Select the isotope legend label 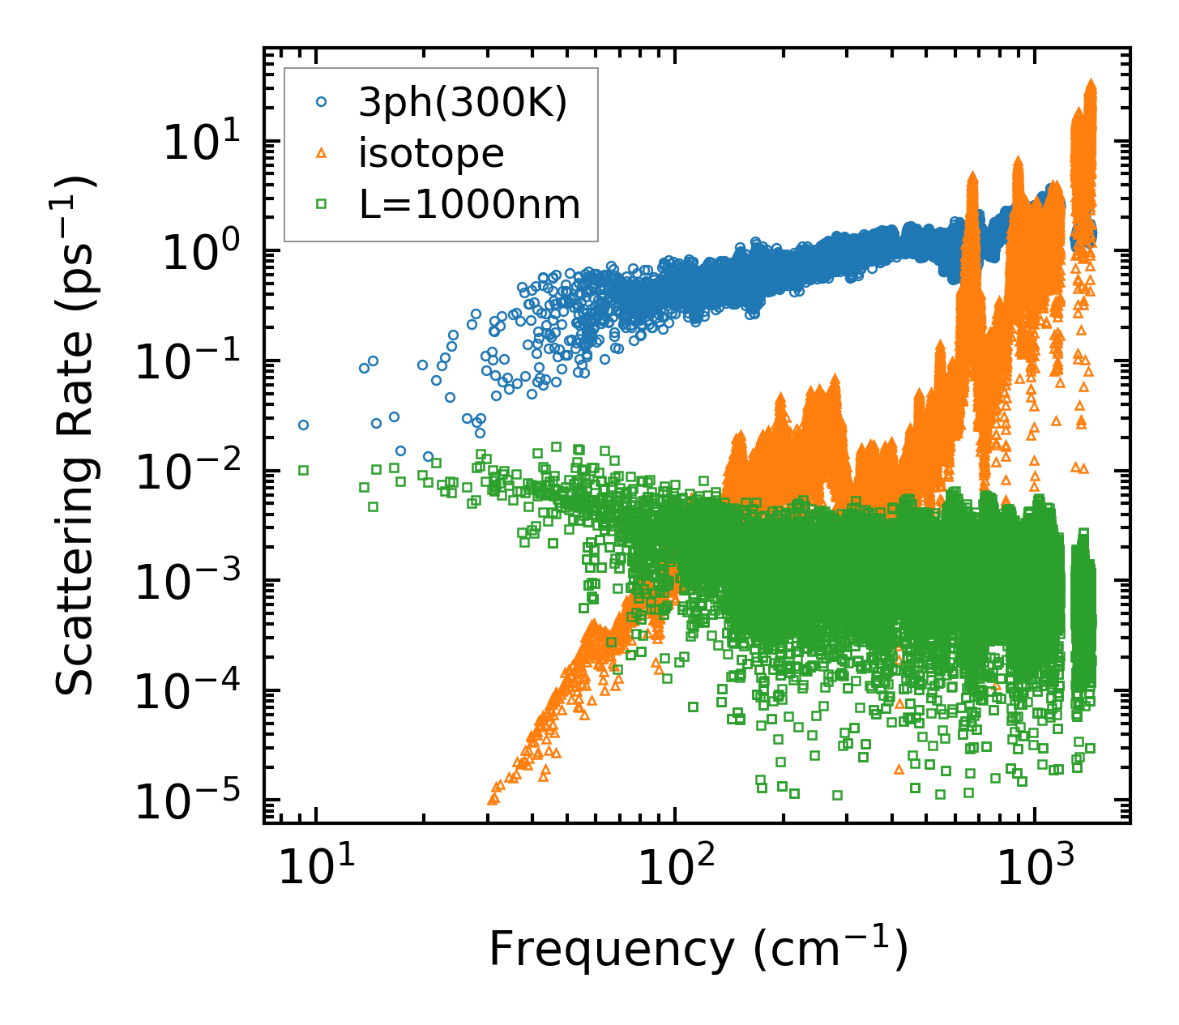431,153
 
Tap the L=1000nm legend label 470,204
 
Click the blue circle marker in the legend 321,103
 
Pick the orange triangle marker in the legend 321,153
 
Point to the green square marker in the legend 321,204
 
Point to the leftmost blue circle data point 303,425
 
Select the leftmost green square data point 303,470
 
